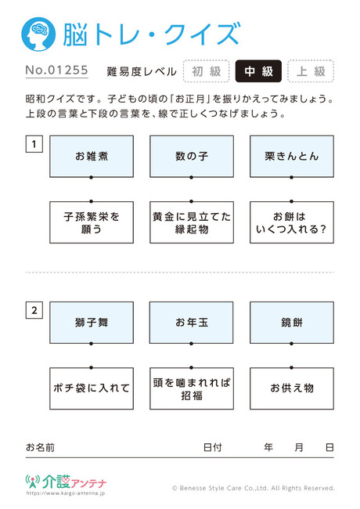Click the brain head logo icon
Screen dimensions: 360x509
38,34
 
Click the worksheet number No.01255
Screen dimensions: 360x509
57,70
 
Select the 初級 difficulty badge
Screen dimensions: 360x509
207,71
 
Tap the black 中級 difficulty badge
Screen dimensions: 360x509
258,71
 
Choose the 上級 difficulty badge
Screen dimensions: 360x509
311,71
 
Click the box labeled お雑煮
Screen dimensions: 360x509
92,157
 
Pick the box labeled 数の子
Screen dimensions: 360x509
192,157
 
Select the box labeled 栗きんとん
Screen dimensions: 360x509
292,157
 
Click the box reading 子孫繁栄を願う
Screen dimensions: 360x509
92,222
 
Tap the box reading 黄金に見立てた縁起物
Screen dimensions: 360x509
192,222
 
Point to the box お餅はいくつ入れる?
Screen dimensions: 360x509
292,222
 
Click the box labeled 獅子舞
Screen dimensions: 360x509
92,323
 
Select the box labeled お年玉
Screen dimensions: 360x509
192,323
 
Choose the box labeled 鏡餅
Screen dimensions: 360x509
292,323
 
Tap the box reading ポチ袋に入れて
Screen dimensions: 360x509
92,388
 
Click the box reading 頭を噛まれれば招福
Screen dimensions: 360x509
192,388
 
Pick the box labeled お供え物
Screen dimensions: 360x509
292,388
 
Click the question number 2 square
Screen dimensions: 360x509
34,310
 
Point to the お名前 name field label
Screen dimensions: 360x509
40,448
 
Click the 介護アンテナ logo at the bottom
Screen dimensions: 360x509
66,482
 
